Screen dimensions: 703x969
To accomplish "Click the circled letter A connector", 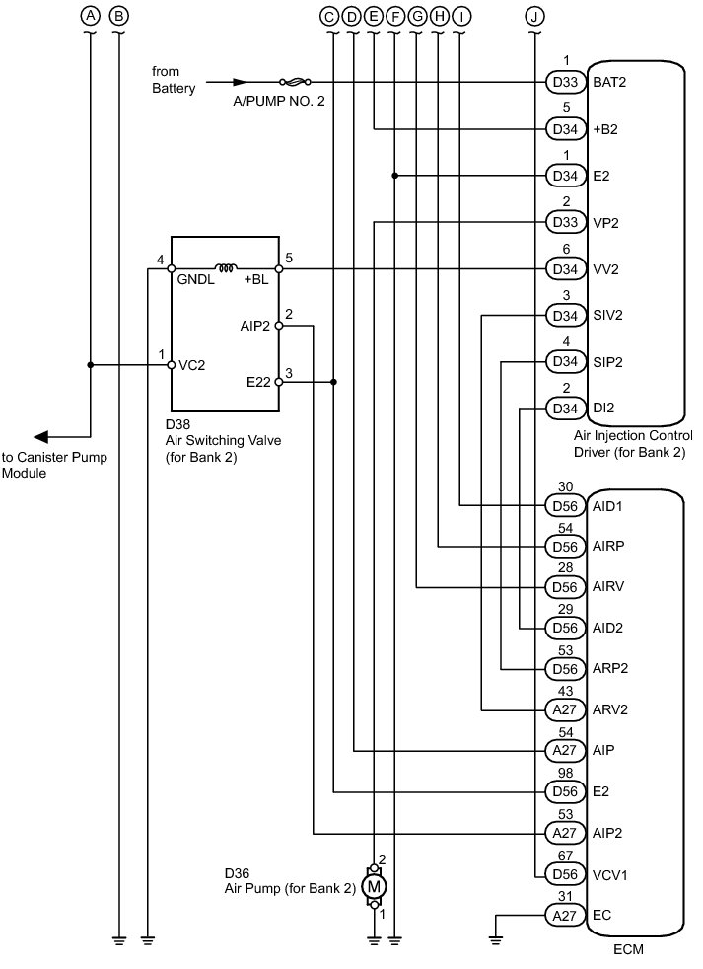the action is tap(91, 16).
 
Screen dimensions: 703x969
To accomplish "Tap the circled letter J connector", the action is tap(534, 16).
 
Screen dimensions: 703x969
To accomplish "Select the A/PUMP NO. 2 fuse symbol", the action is tap(295, 82).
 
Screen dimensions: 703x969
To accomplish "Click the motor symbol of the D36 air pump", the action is tap(374, 887).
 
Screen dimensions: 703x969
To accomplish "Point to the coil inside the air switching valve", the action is tap(226, 267).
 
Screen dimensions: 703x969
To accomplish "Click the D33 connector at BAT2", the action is tap(565, 82).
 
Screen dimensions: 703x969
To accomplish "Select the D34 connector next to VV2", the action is tap(565, 269).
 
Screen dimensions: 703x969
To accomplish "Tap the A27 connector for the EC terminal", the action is tap(565, 916).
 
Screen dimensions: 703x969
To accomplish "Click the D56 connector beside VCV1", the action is tap(565, 874).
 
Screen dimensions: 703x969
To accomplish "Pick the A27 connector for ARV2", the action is tap(565, 709).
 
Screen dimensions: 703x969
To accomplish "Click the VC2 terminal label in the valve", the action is tap(191, 365).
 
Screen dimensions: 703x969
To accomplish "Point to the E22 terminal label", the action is tap(258, 383).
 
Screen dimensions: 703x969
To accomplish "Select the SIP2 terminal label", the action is tap(608, 362).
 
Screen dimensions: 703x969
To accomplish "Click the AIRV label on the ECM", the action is tap(608, 586).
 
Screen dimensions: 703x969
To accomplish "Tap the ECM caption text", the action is tap(628, 949).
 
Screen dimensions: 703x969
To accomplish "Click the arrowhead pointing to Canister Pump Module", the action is tap(40, 437).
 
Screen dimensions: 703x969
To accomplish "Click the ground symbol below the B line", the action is tap(119, 941).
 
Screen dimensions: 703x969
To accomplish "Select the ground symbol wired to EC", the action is tap(495, 941).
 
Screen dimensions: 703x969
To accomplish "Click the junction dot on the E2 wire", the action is tap(395, 176).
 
